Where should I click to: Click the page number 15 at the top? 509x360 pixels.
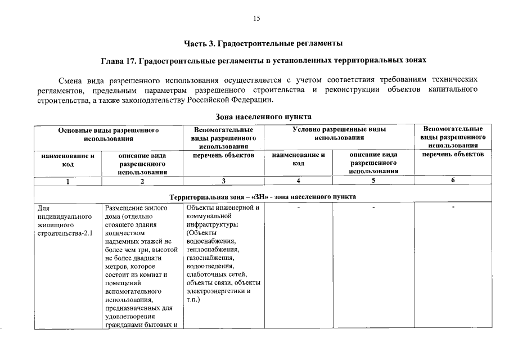(x=256, y=19)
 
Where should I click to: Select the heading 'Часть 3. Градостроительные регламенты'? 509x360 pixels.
(x=263, y=43)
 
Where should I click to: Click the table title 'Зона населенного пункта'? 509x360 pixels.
(x=263, y=117)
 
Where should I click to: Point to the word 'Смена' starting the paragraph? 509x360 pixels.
(x=73, y=80)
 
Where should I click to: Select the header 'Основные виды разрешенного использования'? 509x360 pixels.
(x=109, y=133)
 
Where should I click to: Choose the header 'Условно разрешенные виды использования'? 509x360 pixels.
(x=339, y=133)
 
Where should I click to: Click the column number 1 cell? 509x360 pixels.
(x=67, y=181)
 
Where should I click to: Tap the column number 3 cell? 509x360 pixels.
(x=223, y=181)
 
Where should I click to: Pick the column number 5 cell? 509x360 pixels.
(x=373, y=181)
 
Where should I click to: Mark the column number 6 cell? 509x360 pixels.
(x=453, y=181)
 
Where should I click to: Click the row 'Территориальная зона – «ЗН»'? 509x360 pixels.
(x=263, y=196)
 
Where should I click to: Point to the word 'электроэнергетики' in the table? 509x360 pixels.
(x=214, y=291)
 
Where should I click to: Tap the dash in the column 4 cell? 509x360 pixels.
(x=299, y=208)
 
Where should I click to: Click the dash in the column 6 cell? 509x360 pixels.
(x=453, y=208)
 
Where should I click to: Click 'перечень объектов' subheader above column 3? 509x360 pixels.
(x=223, y=155)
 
